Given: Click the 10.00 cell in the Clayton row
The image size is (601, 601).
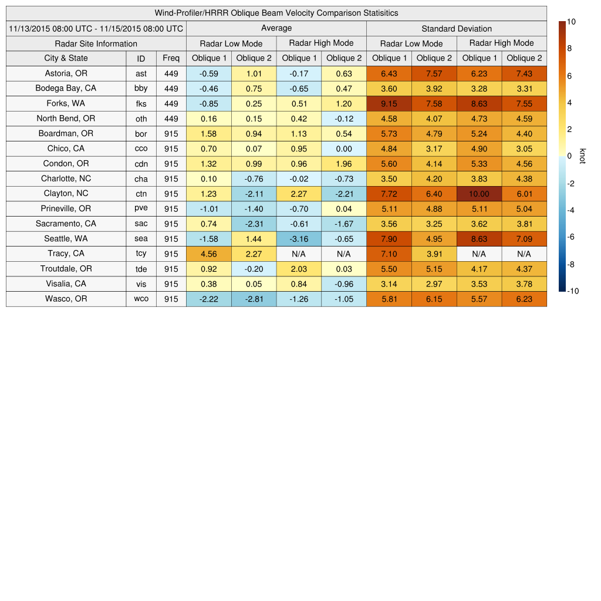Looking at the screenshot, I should (479, 194).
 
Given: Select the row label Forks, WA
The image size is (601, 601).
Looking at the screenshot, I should (66, 103).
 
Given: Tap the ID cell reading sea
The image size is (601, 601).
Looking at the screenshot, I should (141, 239).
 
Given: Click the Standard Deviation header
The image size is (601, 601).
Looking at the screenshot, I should (457, 29).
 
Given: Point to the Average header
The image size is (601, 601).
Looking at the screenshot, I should (276, 28).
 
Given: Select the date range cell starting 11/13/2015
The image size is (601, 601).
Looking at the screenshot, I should (96, 28).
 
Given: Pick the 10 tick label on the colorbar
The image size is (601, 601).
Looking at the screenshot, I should (571, 22).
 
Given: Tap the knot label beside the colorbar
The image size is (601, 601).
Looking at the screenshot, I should (582, 156).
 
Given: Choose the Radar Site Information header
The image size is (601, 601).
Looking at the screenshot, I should (96, 43).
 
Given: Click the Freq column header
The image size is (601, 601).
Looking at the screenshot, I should (171, 58).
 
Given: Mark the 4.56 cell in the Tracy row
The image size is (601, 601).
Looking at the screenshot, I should (208, 254).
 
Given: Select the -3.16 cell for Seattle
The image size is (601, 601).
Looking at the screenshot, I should (299, 239).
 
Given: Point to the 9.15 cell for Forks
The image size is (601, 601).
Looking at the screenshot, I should (389, 104).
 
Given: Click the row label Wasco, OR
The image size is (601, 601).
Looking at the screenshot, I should (66, 299).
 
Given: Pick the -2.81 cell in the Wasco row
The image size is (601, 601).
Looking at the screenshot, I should (254, 299).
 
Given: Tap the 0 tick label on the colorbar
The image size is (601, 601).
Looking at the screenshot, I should (569, 156).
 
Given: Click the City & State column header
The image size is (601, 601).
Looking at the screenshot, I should (66, 58).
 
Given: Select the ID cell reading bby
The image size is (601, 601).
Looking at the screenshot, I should (141, 89).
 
